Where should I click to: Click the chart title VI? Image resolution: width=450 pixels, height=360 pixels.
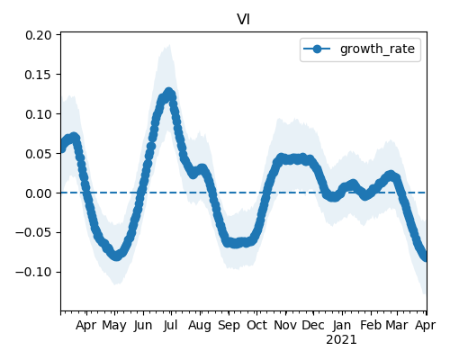(x=243, y=20)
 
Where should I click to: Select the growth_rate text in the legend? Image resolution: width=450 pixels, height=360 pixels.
(x=377, y=49)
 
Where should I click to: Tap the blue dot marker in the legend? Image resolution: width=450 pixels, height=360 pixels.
(x=317, y=49)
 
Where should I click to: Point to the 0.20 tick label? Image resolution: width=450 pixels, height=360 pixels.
(x=39, y=35)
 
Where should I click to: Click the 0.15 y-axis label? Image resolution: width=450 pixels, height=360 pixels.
(x=39, y=75)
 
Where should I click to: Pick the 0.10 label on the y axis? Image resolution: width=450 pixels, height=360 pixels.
(x=39, y=114)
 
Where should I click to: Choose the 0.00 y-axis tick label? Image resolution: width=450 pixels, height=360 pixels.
(x=39, y=193)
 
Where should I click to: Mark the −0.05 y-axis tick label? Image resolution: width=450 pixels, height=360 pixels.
(x=33, y=233)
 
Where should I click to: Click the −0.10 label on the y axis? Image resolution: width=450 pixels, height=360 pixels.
(x=33, y=273)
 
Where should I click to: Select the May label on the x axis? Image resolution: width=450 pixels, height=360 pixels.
(x=114, y=326)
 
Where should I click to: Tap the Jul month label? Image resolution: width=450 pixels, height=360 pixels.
(x=171, y=325)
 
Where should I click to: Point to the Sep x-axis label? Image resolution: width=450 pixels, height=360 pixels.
(x=229, y=326)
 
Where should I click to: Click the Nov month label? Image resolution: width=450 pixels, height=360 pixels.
(x=285, y=325)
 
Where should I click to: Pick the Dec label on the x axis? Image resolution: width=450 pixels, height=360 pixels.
(x=313, y=325)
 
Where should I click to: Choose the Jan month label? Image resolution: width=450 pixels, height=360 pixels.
(x=342, y=325)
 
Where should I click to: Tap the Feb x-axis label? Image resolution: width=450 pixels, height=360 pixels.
(x=371, y=325)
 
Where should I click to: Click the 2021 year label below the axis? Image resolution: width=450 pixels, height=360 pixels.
(x=341, y=340)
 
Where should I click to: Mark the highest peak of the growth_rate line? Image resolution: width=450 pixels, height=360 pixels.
(x=169, y=92)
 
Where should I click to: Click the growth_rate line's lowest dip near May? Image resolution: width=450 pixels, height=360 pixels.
(x=116, y=256)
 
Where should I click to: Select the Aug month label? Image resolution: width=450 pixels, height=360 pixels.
(x=200, y=326)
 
